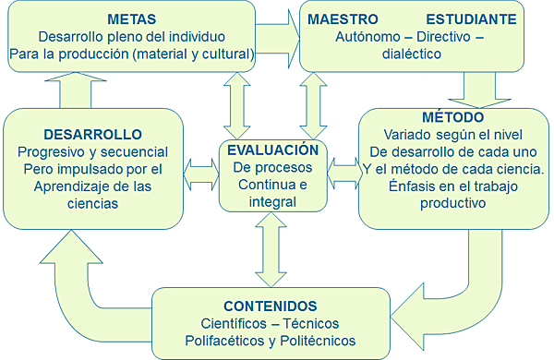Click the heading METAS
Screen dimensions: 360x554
[x=131, y=18]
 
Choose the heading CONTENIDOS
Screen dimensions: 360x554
[x=271, y=306]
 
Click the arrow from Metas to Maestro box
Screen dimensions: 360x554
[x=278, y=35]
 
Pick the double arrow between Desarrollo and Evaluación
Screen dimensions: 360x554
[x=200, y=171]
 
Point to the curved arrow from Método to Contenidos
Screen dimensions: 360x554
[x=470, y=277]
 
